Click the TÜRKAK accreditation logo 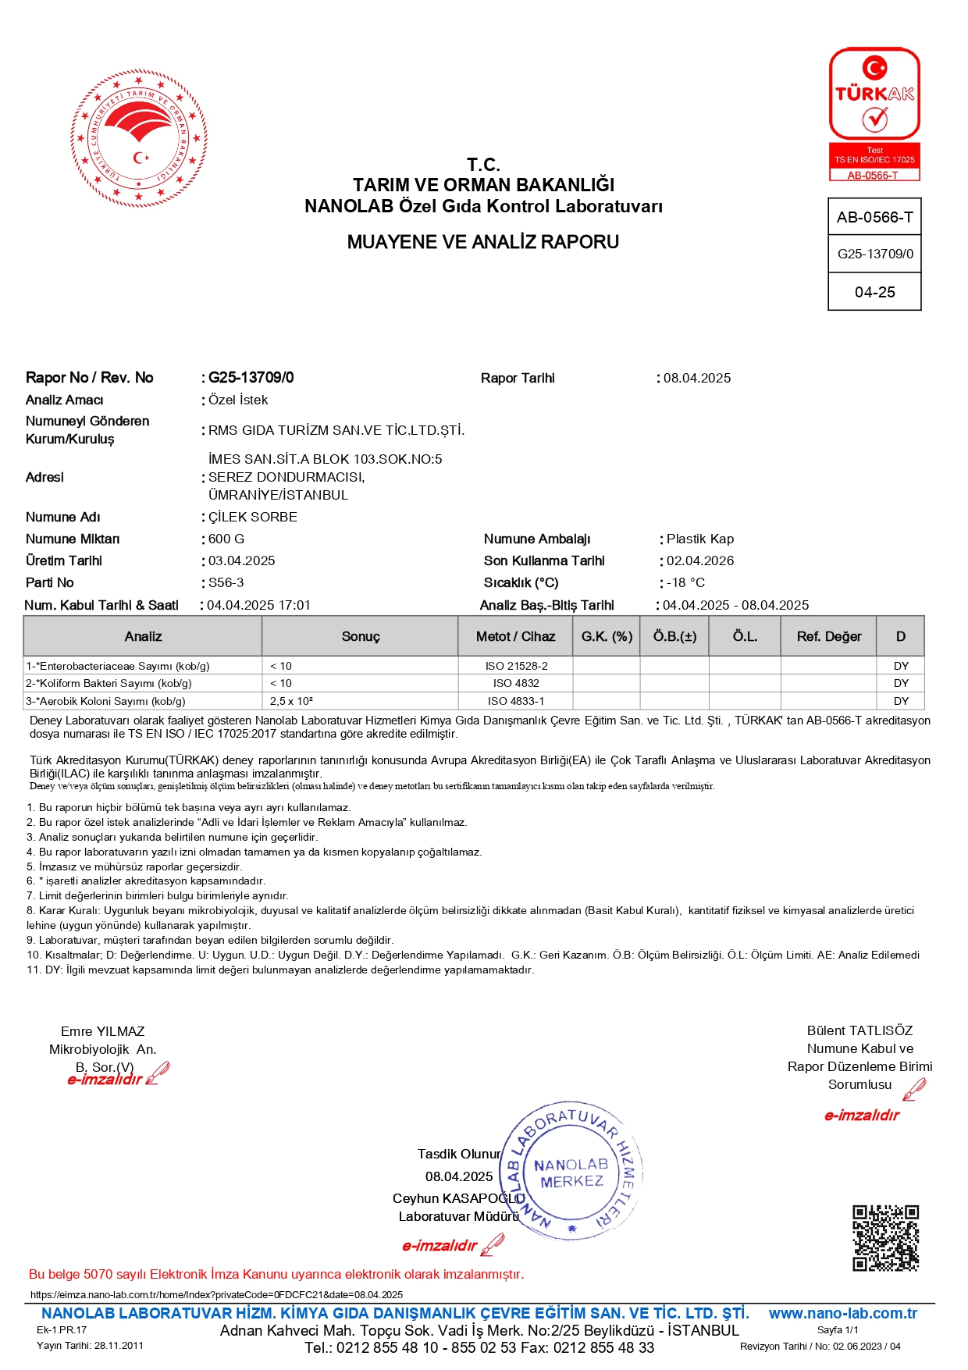click(x=874, y=113)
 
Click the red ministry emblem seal click(x=139, y=139)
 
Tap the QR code click(x=884, y=1238)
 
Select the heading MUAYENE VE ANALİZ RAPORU click(x=482, y=242)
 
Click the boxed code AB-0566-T click(x=874, y=217)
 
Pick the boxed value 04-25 click(x=874, y=292)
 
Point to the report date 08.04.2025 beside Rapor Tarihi click(x=697, y=378)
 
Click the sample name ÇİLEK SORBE click(x=253, y=517)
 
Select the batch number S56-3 click(x=226, y=582)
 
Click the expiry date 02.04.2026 click(x=700, y=560)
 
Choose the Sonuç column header click(x=361, y=636)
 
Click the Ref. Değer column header click(x=829, y=636)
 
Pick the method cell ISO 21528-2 click(x=516, y=666)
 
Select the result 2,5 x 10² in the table click(x=292, y=701)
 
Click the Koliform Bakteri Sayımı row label click(x=109, y=683)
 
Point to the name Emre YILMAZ click(x=102, y=1031)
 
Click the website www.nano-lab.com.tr click(x=842, y=1313)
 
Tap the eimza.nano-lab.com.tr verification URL click(x=216, y=1294)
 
